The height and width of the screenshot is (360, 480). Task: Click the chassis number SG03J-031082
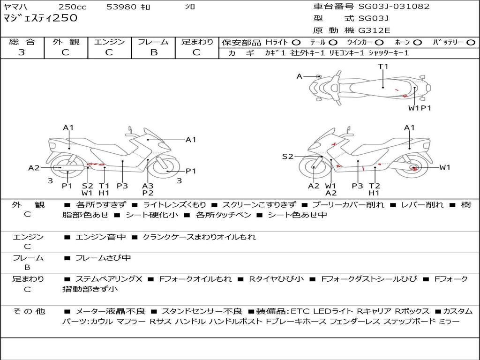[394, 7]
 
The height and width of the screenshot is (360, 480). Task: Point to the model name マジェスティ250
[40, 18]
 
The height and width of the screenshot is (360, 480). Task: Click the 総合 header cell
[22, 42]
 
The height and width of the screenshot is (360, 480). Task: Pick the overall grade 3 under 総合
[22, 52]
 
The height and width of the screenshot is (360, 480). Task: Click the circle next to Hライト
[296, 43]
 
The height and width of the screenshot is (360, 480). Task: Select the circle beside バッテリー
[471, 43]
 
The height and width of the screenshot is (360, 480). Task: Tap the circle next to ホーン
[417, 43]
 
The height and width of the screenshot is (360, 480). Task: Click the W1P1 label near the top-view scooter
[420, 108]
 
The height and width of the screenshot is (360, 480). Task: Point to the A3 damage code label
[148, 186]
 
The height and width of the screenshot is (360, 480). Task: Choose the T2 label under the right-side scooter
[375, 186]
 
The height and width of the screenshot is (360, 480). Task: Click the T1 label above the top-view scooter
[383, 67]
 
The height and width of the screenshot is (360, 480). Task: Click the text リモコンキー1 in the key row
[346, 53]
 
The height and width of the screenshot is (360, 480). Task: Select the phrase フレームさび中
[103, 258]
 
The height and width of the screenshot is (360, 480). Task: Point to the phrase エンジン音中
[101, 237]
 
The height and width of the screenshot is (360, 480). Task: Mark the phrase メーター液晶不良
[110, 311]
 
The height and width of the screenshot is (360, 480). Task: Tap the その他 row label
[29, 311]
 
